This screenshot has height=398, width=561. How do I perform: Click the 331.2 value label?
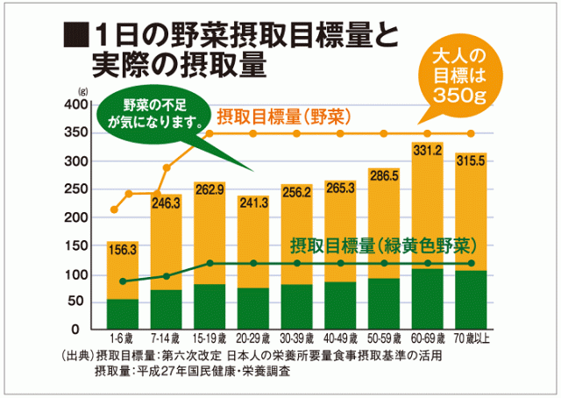(427, 151)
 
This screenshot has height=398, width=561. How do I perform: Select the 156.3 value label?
(122, 250)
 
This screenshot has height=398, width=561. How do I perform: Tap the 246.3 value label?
(167, 203)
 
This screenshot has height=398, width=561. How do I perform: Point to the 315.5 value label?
(471, 160)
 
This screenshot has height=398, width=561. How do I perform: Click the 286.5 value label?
(384, 176)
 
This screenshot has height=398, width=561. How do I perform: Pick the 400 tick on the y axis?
(77, 105)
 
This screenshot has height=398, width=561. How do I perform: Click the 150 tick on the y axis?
(77, 246)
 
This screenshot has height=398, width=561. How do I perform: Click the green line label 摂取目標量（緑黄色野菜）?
(383, 243)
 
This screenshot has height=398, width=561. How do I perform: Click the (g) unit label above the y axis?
(82, 90)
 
